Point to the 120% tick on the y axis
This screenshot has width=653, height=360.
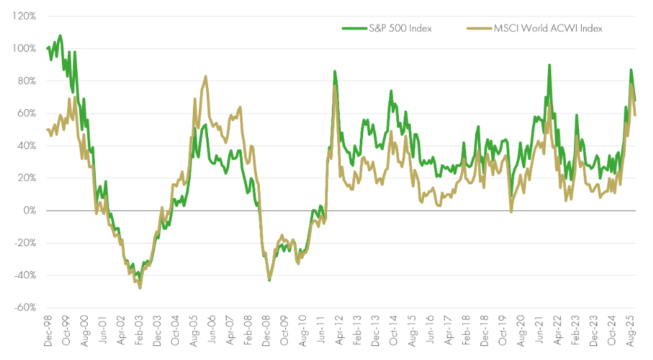pos(23,16)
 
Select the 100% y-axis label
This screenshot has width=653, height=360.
pos(23,49)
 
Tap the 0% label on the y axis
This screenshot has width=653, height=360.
pos(29,211)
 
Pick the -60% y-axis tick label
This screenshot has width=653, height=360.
pos(24,307)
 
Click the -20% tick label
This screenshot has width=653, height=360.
pos(24,243)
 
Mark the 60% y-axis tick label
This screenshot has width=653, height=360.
pos(25,113)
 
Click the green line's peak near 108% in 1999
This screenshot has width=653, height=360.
pos(61,35)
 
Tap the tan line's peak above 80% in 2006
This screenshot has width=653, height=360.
pos(205,77)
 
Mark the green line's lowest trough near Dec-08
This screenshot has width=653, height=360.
pos(269,280)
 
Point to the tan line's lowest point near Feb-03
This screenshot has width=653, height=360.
pos(140,288)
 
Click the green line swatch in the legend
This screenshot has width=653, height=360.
pos(354,28)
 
